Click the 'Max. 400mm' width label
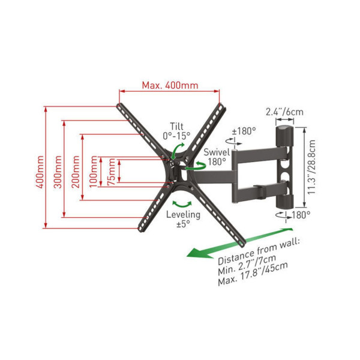[170, 85]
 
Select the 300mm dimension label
[58, 172]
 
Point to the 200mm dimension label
[76, 172]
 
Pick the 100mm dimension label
[94, 172]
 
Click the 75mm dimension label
[111, 172]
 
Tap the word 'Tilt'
[176, 126]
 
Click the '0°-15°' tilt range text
[176, 136]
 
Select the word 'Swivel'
[217, 152]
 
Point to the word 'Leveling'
[183, 215]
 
